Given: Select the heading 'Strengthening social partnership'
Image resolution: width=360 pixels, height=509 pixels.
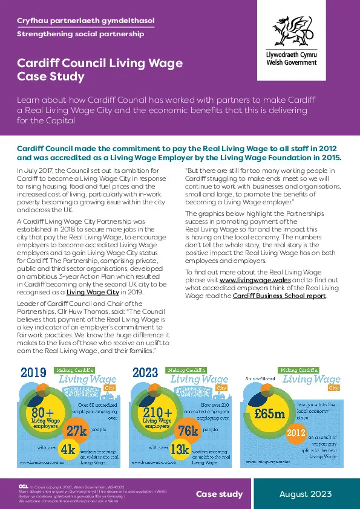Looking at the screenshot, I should pos(80,34).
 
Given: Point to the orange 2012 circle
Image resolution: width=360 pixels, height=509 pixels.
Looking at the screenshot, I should pos(296,433).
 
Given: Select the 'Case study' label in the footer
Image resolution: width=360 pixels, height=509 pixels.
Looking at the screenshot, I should pos(219,494).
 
